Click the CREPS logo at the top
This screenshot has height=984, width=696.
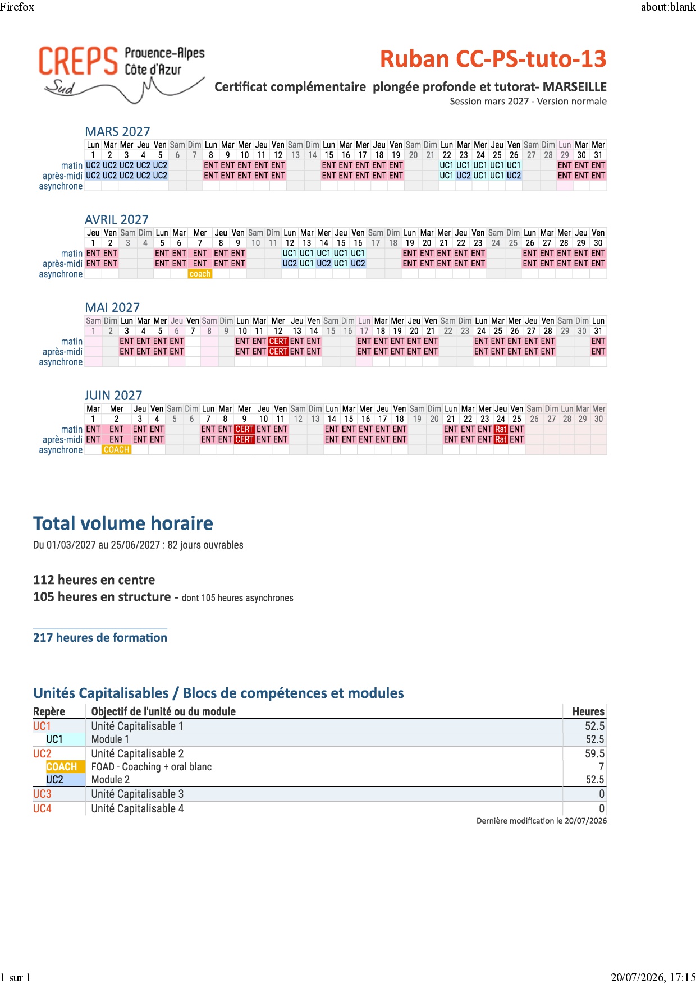pyautogui.click(x=121, y=74)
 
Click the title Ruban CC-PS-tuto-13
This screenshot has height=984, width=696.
pyautogui.click(x=493, y=59)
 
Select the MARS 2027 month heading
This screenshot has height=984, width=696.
pyautogui.click(x=117, y=131)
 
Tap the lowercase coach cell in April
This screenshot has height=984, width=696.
pyautogui.click(x=200, y=274)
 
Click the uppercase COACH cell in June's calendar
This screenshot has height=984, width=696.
pyautogui.click(x=117, y=450)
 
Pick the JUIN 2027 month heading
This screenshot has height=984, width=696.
pyautogui.click(x=113, y=396)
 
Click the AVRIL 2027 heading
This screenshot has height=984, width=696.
pyautogui.click(x=117, y=219)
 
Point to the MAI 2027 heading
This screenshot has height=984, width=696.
pyautogui.click(x=112, y=307)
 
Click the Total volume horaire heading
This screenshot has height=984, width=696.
pyautogui.click(x=123, y=523)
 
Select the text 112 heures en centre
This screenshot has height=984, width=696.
pyautogui.click(x=94, y=580)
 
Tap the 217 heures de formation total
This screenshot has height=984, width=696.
pyautogui.click(x=100, y=638)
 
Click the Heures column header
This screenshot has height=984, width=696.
pyautogui.click(x=588, y=711)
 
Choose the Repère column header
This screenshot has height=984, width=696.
pyautogui.click(x=49, y=711)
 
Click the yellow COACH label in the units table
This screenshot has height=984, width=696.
pyautogui.click(x=62, y=767)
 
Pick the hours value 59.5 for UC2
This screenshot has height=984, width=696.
pyautogui.click(x=594, y=753)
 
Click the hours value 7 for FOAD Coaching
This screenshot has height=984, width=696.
pyautogui.click(x=602, y=767)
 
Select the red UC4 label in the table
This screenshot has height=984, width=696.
pyautogui.click(x=42, y=808)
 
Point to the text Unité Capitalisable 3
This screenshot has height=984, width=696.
pyautogui.click(x=138, y=794)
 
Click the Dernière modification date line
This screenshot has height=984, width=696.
pyautogui.click(x=542, y=821)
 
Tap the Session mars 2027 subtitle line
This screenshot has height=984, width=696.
pyautogui.click(x=528, y=102)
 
